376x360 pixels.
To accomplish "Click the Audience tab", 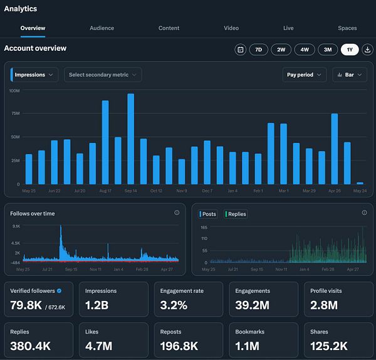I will pos(102,28).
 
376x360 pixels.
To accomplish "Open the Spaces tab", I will pos(347,28).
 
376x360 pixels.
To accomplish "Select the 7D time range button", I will pos(258,50).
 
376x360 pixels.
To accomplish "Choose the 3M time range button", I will pos(327,50).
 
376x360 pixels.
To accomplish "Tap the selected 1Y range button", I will pos(350,50).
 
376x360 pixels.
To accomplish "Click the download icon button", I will pos(367,50).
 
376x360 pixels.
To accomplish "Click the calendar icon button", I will pos(240,50).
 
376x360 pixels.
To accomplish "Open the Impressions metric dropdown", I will pos(35,75).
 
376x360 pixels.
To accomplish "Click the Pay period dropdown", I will pos(305,75).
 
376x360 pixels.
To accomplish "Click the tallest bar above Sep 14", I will pos(130,138).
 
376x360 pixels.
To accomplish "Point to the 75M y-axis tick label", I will pos(15,114).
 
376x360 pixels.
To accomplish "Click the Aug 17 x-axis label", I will pos(105,191).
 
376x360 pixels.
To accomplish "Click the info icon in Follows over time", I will pos(177,213).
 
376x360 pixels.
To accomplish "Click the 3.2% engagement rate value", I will pos(174,305).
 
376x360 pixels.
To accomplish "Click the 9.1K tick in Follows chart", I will pos(16,226).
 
